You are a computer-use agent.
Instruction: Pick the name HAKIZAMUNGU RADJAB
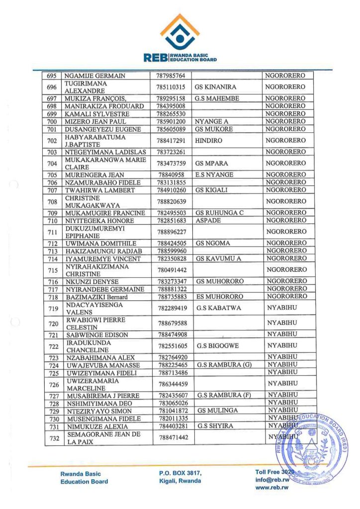(x=101, y=251)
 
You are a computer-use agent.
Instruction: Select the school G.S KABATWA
(x=218, y=308)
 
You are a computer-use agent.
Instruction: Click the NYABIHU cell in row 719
(x=282, y=308)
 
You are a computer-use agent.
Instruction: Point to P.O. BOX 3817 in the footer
(x=177, y=473)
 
